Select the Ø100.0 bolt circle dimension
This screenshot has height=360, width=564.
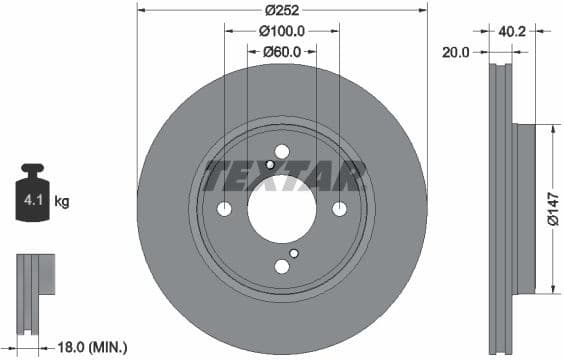click(x=281, y=32)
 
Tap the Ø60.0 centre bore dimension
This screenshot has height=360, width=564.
click(x=281, y=52)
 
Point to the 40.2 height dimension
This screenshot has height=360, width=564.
click(x=512, y=32)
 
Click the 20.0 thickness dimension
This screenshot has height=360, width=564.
click(x=454, y=52)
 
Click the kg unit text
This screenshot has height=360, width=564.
click(x=62, y=202)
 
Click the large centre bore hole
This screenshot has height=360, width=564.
click(x=281, y=209)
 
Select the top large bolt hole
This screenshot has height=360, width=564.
click(x=281, y=152)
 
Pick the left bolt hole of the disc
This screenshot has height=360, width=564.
click(x=224, y=209)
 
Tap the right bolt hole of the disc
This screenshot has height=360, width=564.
click(x=339, y=209)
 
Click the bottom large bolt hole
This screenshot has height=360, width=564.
click(x=281, y=266)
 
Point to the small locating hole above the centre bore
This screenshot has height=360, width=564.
click(x=270, y=165)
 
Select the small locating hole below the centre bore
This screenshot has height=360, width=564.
click(x=292, y=253)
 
